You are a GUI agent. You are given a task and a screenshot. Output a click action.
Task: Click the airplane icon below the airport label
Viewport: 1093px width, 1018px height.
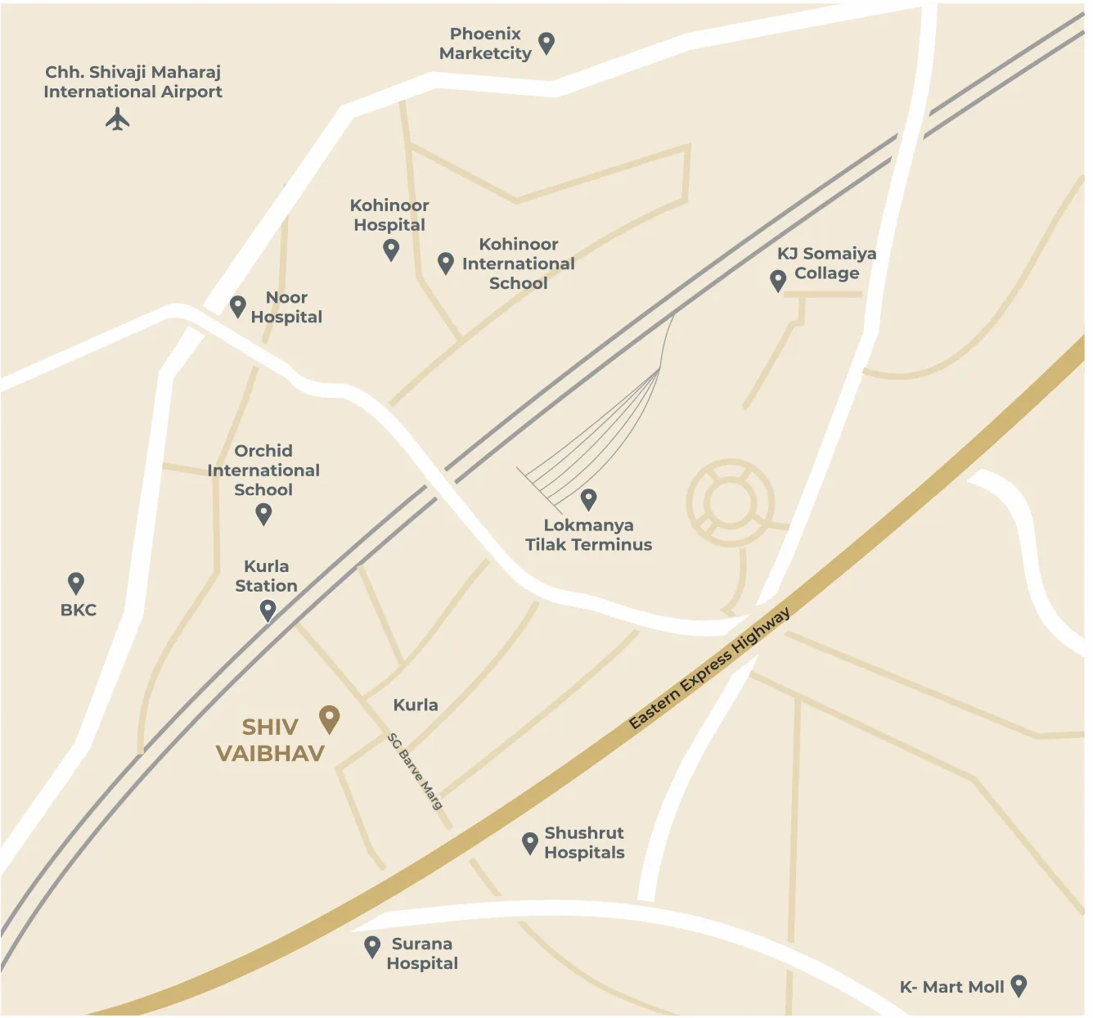tap(118, 119)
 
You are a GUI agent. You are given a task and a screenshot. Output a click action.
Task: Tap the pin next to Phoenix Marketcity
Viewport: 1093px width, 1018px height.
tap(546, 43)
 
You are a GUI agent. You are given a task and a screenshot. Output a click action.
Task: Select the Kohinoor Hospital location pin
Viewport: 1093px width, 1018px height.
tap(391, 249)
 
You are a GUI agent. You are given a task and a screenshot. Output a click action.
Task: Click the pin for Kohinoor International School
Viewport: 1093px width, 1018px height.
tap(446, 263)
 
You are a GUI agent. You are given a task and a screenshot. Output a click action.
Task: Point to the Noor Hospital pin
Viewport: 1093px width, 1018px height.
tap(238, 307)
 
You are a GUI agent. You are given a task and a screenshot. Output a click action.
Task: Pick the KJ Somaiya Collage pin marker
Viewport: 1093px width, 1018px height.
tap(778, 281)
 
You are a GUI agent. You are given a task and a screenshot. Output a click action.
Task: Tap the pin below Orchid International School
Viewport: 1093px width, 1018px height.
tap(263, 514)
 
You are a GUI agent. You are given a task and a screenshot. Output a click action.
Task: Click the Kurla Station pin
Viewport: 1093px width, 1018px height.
tap(268, 610)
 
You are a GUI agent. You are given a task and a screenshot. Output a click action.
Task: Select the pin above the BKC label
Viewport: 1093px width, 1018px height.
tap(76, 583)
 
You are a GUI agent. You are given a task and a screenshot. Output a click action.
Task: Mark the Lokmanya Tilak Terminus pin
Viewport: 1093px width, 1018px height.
tap(588, 498)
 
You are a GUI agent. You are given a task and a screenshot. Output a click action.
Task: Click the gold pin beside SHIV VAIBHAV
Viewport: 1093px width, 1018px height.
tap(329, 718)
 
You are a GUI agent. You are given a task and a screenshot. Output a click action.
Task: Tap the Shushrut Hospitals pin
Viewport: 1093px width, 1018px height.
tap(530, 843)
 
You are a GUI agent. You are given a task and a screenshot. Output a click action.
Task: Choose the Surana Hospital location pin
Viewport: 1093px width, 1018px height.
tap(372, 947)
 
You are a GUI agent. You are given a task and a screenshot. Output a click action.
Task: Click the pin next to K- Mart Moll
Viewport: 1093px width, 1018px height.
tap(1019, 985)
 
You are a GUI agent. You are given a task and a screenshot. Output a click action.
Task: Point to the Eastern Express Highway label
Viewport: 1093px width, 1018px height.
tap(709, 669)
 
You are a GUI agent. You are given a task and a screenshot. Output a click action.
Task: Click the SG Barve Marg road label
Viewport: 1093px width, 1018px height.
tap(415, 772)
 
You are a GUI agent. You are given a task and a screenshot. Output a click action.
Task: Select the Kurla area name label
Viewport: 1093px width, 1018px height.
tap(416, 705)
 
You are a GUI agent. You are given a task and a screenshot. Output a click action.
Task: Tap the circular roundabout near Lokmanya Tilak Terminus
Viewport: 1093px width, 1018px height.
tap(730, 502)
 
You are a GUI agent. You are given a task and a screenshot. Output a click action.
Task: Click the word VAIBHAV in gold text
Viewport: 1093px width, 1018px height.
tap(270, 754)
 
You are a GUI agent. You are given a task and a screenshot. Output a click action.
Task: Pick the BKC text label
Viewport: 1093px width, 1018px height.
tap(79, 610)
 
